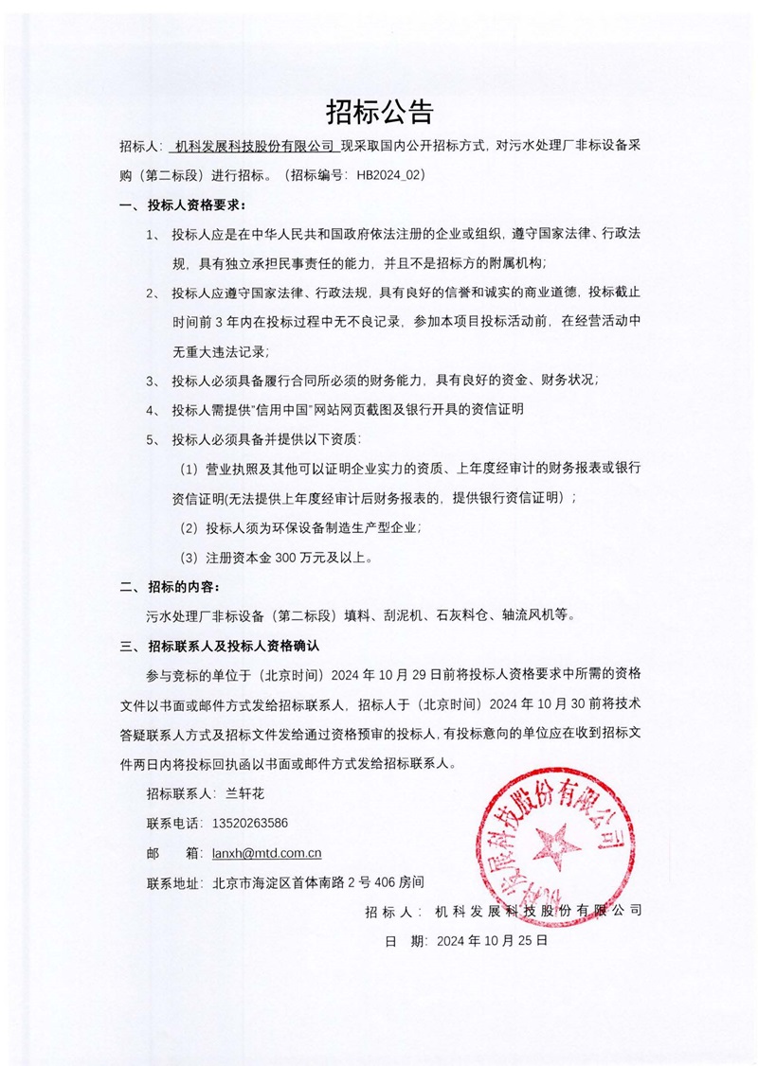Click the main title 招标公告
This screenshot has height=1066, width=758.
379,112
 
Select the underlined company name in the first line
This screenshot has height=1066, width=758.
255,147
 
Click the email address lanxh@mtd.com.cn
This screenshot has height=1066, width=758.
267,853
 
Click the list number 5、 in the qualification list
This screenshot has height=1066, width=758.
153,440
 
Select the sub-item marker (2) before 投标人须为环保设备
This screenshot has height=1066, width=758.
189,527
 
